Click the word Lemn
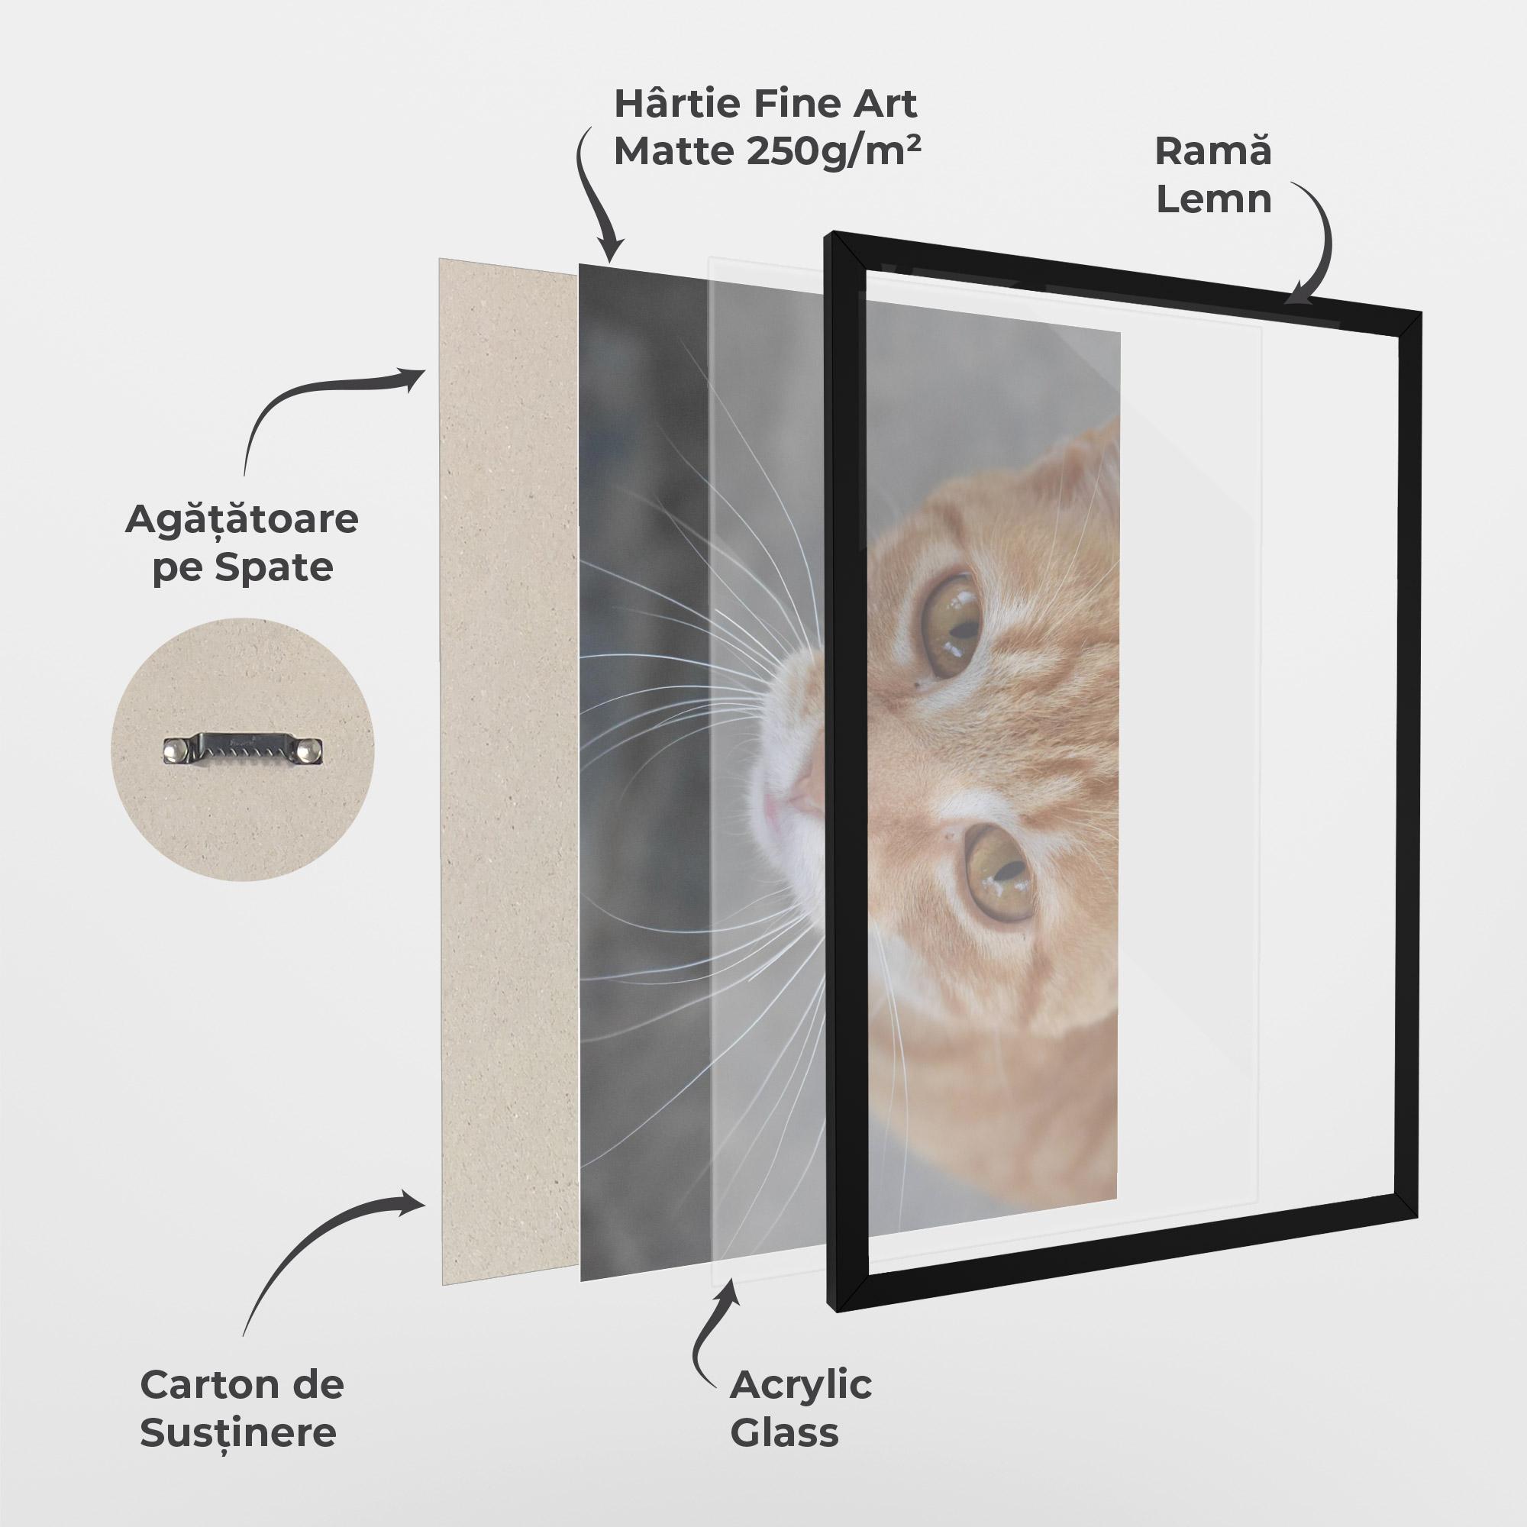click(1213, 199)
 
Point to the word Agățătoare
click(242, 519)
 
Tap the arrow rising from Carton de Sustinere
click(316, 1233)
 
